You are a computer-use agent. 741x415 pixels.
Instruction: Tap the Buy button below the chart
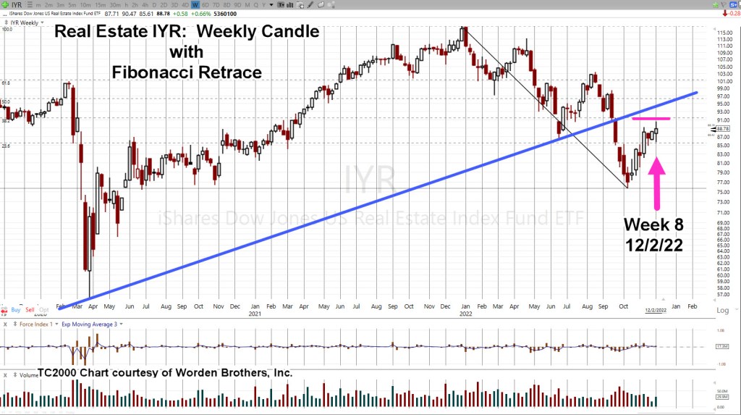16,309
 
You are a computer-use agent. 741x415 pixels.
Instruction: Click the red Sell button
31,309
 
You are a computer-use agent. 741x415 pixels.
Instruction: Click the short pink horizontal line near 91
651,118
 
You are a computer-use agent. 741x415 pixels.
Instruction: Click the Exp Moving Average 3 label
90,324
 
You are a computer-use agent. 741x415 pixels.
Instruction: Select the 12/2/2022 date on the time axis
656,309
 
